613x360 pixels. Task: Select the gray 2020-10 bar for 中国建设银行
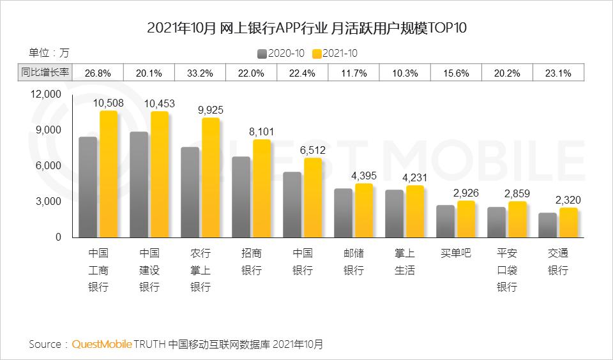[x=139, y=184]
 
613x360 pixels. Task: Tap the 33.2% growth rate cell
[x=201, y=73]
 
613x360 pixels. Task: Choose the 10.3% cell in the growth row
[x=405, y=73]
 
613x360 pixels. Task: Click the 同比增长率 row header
[x=45, y=73]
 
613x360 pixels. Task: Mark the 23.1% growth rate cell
[x=558, y=73]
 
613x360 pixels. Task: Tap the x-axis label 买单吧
[x=456, y=253]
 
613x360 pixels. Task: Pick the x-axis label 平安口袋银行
[x=507, y=270]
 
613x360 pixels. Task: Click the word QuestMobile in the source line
[x=102, y=344]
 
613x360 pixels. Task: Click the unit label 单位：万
[x=49, y=52]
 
